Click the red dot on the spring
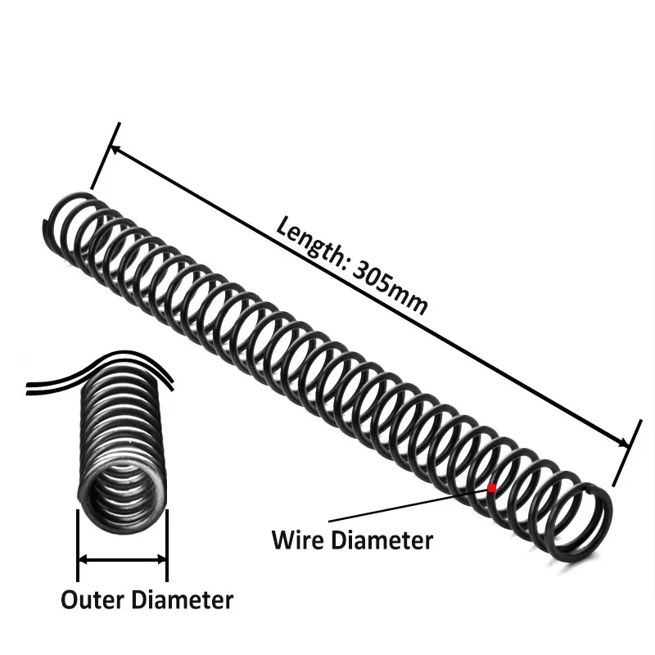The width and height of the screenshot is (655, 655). (491, 487)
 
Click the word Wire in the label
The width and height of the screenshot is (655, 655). (296, 540)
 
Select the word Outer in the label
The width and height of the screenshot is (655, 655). (92, 599)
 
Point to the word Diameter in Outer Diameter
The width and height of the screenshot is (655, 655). (182, 599)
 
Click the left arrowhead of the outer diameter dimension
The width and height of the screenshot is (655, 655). (83, 560)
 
